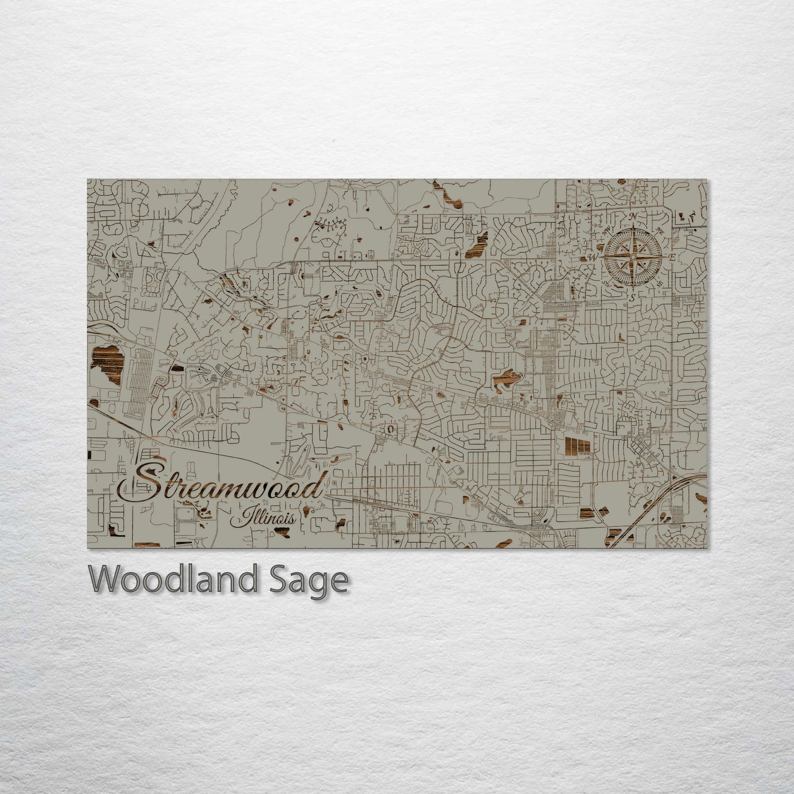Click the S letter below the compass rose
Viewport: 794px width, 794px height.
(x=633, y=297)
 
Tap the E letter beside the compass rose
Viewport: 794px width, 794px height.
(x=671, y=257)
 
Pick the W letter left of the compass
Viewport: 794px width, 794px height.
(x=593, y=257)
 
